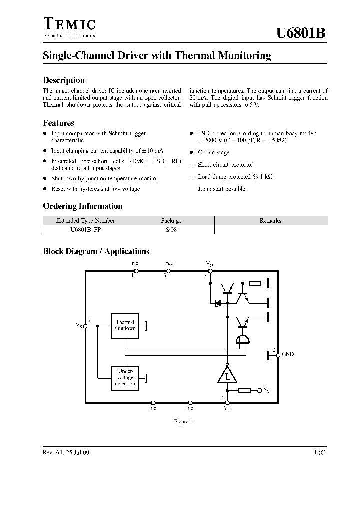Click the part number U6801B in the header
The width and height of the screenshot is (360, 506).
(301, 33)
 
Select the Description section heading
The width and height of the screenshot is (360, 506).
(64, 80)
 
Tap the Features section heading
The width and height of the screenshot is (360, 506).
(58, 123)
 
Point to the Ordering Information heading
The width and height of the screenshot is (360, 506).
(82, 206)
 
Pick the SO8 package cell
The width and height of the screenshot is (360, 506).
(171, 230)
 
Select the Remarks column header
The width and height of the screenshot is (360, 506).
(270, 220)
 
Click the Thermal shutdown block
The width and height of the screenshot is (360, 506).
(125, 326)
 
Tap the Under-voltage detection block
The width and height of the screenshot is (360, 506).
(125, 377)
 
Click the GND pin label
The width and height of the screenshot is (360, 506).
(288, 354)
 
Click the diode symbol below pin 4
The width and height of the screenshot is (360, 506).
(218, 303)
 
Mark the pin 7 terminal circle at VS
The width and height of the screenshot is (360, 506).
(85, 326)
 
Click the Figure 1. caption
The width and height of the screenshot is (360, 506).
(183, 421)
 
